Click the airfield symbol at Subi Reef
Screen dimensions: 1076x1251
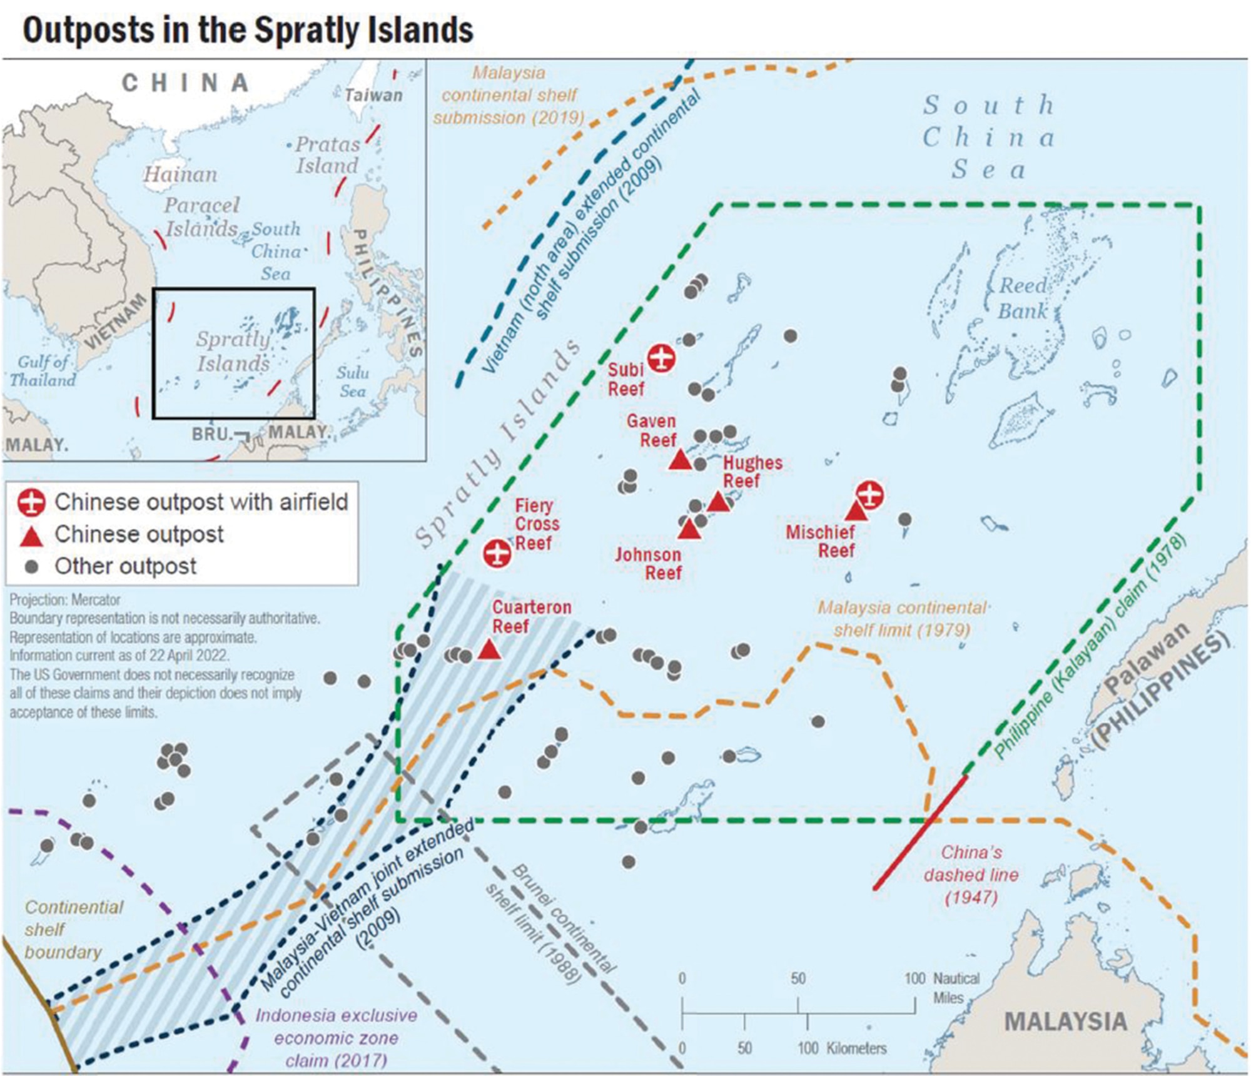click(x=661, y=358)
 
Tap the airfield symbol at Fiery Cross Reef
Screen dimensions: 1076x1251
click(x=497, y=553)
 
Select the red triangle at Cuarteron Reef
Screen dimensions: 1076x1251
click(x=489, y=650)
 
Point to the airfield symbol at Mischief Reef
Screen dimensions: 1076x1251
click(x=869, y=495)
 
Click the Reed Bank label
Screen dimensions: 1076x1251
click(x=1023, y=298)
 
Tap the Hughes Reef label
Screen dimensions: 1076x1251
click(x=752, y=472)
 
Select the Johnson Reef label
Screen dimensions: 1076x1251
click(x=649, y=563)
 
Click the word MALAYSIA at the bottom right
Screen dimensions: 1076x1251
click(x=1065, y=1022)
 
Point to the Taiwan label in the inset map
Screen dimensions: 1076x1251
click(x=374, y=95)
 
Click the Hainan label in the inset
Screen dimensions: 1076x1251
click(x=181, y=174)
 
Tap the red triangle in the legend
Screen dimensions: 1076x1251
click(x=32, y=535)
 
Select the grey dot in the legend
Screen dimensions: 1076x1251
click(x=31, y=567)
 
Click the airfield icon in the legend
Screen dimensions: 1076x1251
click(x=31, y=502)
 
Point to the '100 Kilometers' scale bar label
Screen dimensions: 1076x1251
click(x=842, y=1048)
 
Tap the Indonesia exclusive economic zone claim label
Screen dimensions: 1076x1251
click(x=336, y=1038)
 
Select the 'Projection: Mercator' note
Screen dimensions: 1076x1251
click(x=65, y=600)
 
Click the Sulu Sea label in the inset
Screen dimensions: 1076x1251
click(x=353, y=382)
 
